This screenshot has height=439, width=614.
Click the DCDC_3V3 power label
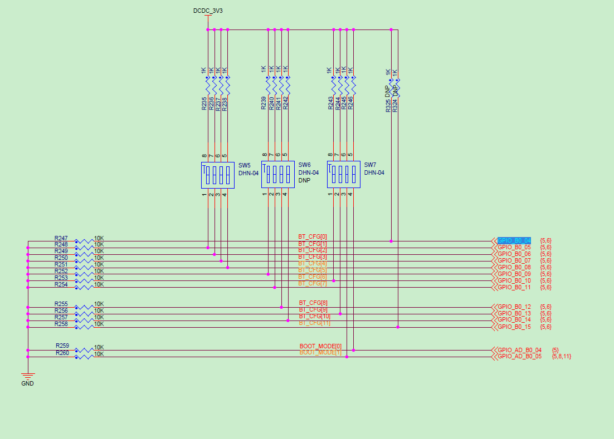click(x=207, y=11)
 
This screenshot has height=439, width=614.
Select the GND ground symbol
click(x=27, y=378)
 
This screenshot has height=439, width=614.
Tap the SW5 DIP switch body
click(x=217, y=175)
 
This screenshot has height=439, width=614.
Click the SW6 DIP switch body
click(x=277, y=175)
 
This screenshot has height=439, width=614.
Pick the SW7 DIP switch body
click(x=343, y=175)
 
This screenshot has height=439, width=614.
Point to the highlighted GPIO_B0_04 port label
click(x=514, y=240)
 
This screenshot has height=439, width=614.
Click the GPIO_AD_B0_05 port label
click(x=519, y=356)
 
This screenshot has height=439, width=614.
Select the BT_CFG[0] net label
click(x=313, y=237)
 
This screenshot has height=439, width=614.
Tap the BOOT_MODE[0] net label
click(x=320, y=346)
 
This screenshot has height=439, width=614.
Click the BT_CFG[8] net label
click(x=313, y=303)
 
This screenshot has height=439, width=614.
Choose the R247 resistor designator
click(x=61, y=238)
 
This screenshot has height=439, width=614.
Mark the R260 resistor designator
click(x=62, y=353)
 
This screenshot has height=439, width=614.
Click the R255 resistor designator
click(x=61, y=304)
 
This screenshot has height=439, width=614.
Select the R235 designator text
click(x=204, y=103)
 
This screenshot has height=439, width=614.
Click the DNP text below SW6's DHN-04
click(x=304, y=180)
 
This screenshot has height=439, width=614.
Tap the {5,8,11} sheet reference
click(x=561, y=356)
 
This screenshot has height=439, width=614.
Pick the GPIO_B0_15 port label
click(x=514, y=327)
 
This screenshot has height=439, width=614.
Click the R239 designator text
click(x=264, y=103)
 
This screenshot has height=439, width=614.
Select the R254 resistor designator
click(x=61, y=284)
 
